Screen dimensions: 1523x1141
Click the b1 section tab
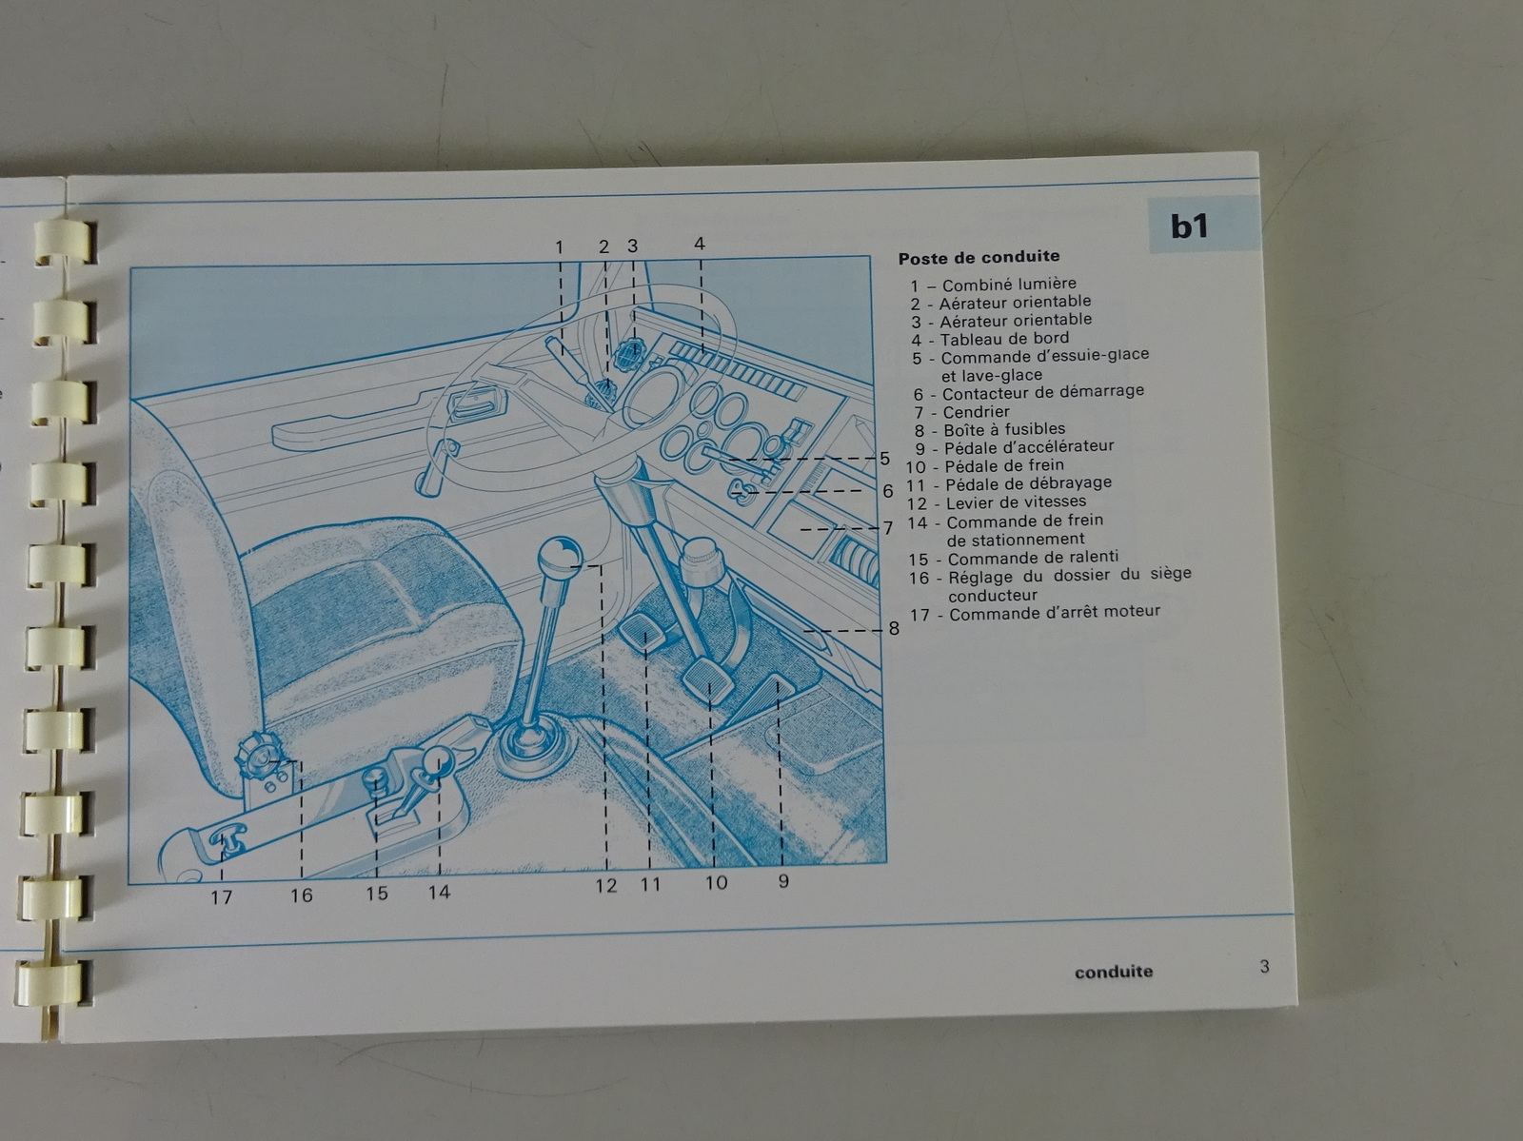(x=1203, y=224)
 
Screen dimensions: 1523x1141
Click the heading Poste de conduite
(x=979, y=257)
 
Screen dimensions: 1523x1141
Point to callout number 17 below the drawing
(x=222, y=897)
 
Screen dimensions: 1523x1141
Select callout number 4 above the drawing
(x=700, y=244)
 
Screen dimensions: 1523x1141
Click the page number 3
(x=1264, y=966)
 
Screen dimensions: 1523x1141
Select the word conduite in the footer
(x=1114, y=972)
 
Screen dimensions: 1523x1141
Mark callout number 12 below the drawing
(x=605, y=886)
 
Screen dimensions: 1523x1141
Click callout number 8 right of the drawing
(x=894, y=628)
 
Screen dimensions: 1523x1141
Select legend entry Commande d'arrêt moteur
(x=1035, y=613)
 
